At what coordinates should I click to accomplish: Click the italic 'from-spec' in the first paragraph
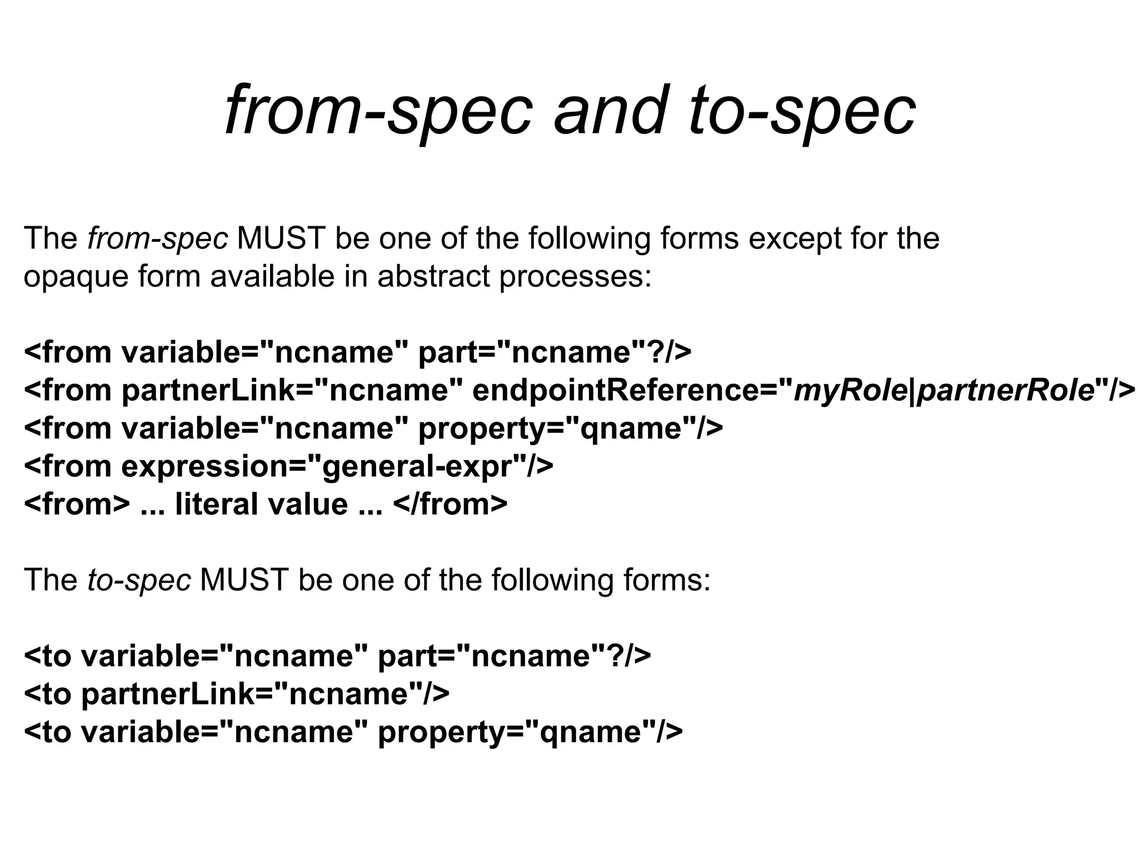coord(157,239)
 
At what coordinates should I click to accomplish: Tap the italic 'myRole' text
coord(850,390)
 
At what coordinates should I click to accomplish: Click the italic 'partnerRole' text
coord(1005,390)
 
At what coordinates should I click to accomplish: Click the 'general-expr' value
coord(417,466)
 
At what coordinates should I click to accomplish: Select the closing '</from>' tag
coord(450,504)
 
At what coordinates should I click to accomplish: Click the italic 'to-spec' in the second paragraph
coord(139,580)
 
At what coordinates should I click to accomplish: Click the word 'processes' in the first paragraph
coord(575,277)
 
